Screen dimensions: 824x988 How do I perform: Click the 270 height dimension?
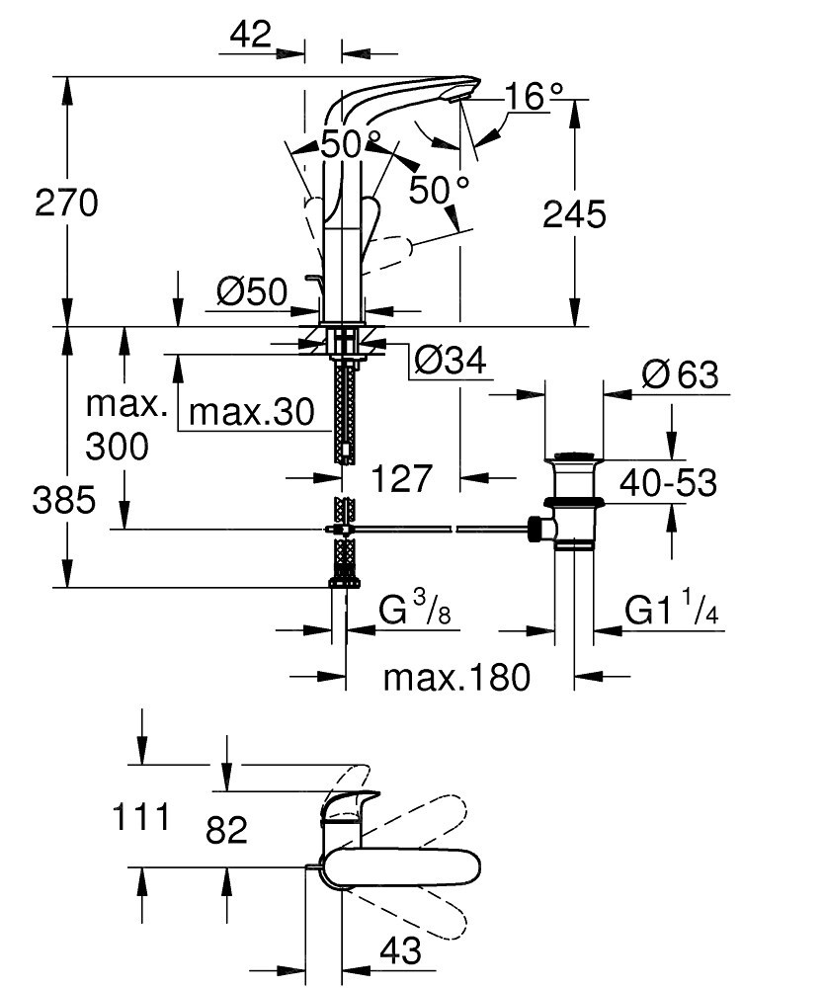click(67, 203)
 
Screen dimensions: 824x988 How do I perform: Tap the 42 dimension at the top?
click(251, 34)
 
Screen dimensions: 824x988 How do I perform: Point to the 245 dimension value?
click(575, 214)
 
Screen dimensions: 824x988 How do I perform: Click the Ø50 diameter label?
click(252, 291)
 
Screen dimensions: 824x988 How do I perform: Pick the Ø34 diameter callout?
click(452, 361)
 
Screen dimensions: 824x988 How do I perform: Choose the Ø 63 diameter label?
click(681, 374)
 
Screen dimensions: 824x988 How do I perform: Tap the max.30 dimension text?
click(251, 413)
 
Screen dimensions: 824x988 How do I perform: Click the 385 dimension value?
click(64, 501)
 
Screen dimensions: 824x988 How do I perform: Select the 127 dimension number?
click(402, 479)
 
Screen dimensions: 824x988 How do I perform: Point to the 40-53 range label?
click(669, 483)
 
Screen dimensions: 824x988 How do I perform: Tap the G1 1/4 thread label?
click(672, 611)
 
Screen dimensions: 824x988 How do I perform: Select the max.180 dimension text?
click(457, 678)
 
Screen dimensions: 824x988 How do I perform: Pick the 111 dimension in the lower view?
click(141, 817)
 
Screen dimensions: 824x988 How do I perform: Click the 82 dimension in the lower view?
click(227, 830)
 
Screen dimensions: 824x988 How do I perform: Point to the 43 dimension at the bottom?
click(401, 950)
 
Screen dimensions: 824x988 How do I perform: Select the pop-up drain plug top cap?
click(573, 456)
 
